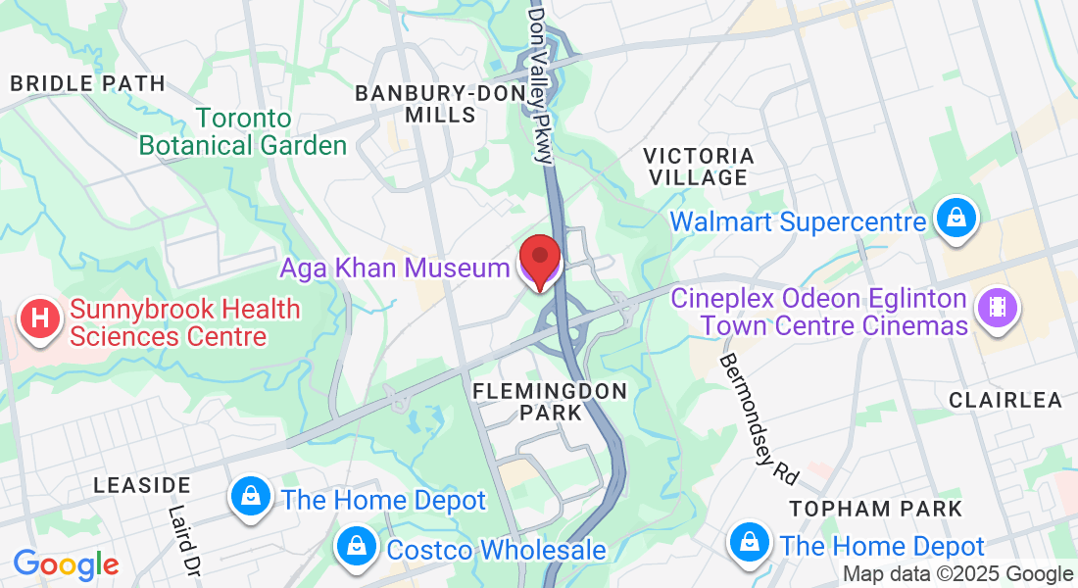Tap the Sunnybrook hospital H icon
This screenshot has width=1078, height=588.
(x=40, y=319)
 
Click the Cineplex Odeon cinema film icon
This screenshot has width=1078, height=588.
(x=997, y=308)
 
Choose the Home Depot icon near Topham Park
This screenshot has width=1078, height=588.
(x=749, y=541)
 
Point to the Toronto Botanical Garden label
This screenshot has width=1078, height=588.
(x=243, y=132)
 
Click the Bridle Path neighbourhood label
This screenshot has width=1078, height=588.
(x=88, y=84)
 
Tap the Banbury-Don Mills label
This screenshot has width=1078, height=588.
(x=429, y=104)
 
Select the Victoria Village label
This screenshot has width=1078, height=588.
(x=699, y=167)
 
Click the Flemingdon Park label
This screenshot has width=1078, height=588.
(x=550, y=402)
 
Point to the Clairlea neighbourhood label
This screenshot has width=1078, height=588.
(x=1005, y=400)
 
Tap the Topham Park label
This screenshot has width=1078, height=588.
(x=876, y=509)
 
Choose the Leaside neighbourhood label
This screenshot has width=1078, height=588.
(x=142, y=485)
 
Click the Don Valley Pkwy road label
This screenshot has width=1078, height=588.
(x=541, y=84)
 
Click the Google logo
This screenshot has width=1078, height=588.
(x=66, y=564)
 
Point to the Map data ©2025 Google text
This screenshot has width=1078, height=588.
(x=958, y=574)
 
